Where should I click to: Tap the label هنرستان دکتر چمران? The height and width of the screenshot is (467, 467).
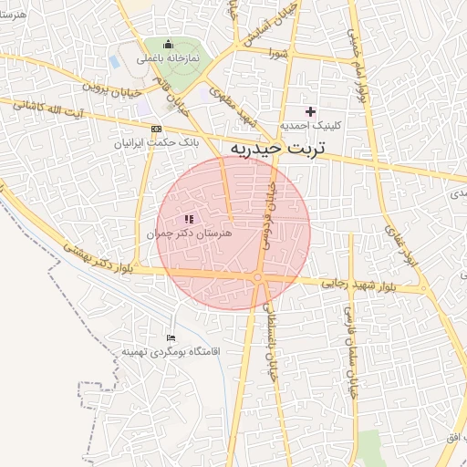click(x=190, y=234)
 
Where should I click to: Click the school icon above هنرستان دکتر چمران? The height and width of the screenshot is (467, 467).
click(x=189, y=219)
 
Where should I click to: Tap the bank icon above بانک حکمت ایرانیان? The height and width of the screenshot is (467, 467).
click(x=157, y=129)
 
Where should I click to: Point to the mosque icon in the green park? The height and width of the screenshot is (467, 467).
click(x=167, y=44)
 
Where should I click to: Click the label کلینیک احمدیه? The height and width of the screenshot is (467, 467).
click(x=309, y=125)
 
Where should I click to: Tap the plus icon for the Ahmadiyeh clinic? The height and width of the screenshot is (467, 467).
click(x=310, y=111)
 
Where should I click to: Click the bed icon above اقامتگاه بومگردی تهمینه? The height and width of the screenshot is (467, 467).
click(x=171, y=337)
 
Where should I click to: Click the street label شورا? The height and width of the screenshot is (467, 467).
click(x=279, y=54)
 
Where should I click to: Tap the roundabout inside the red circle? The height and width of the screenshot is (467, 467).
click(x=259, y=276)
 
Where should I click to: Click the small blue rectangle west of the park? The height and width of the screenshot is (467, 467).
click(x=114, y=62)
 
